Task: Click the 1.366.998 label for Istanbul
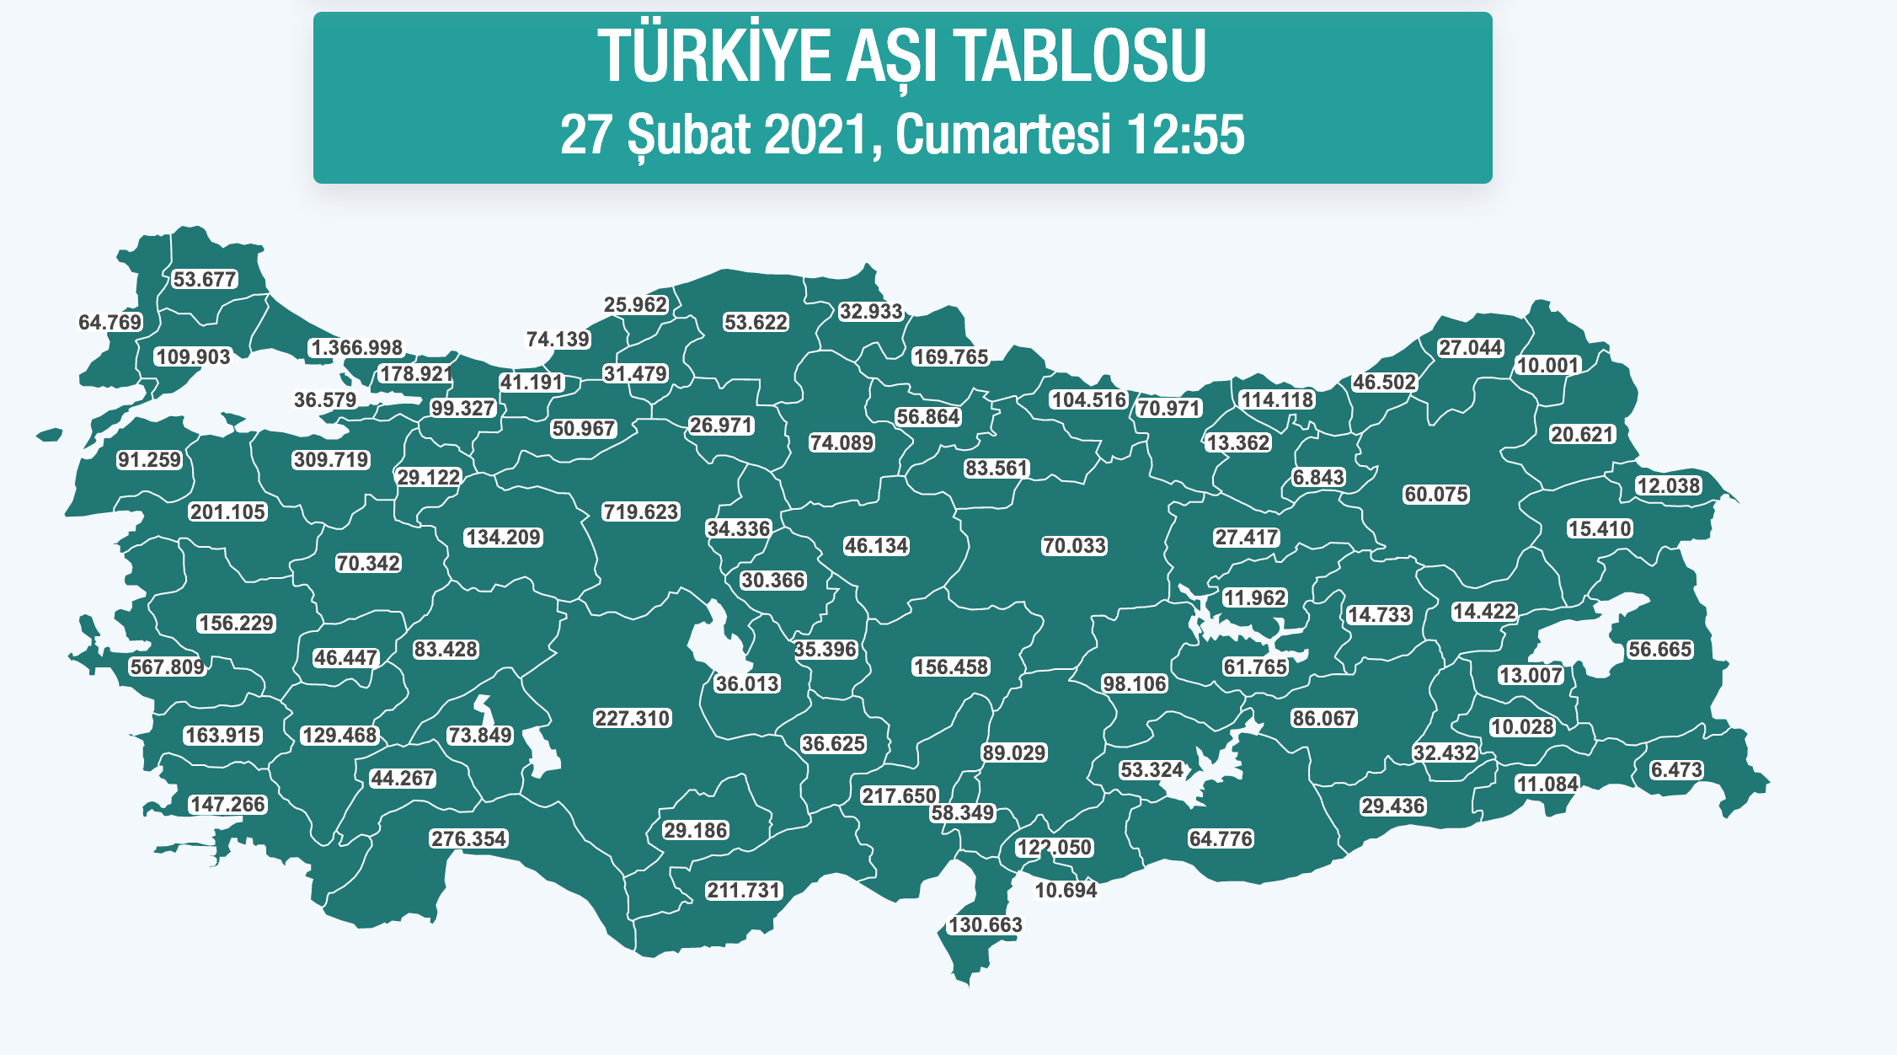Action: pyautogui.click(x=357, y=347)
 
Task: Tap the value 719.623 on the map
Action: pyautogui.click(x=640, y=511)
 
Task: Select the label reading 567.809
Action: pyautogui.click(x=168, y=667)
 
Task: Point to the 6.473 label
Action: pyautogui.click(x=1676, y=769)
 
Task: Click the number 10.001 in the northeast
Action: pyautogui.click(x=1547, y=365)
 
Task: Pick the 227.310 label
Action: pyautogui.click(x=632, y=718)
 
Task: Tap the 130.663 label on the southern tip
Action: pyautogui.click(x=985, y=924)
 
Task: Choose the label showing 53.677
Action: pyautogui.click(x=205, y=279)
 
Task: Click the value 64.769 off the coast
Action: pyautogui.click(x=110, y=322)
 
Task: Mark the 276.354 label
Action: pyautogui.click(x=468, y=838)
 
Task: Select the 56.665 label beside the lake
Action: pyautogui.click(x=1659, y=649)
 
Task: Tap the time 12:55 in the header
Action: pyautogui.click(x=1184, y=134)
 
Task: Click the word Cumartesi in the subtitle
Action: pyautogui.click(x=1002, y=134)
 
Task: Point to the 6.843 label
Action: pyautogui.click(x=1318, y=477)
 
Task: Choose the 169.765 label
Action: pyautogui.click(x=950, y=356)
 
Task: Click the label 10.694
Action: pyautogui.click(x=1066, y=890)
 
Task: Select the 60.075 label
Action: pyautogui.click(x=1436, y=494)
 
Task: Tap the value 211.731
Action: pyautogui.click(x=744, y=890)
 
